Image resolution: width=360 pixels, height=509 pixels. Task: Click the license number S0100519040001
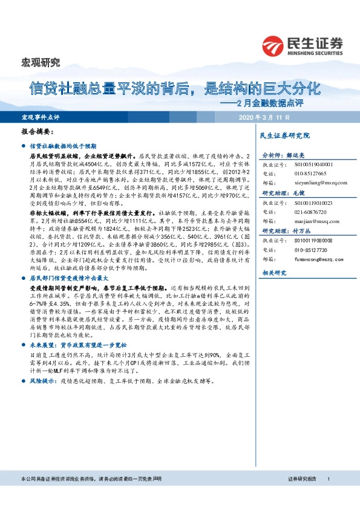[x=312, y=164]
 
